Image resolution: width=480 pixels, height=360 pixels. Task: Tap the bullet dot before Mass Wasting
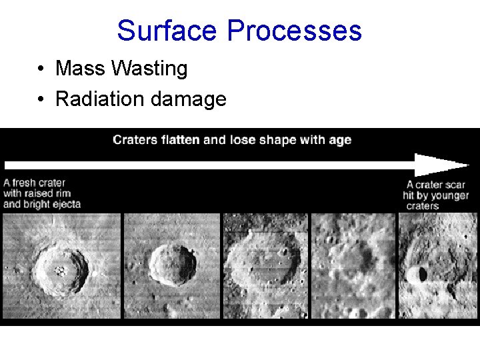[x=41, y=69]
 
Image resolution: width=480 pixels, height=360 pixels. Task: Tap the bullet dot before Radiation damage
[x=41, y=100]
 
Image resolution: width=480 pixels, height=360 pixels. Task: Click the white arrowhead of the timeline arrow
[x=440, y=165]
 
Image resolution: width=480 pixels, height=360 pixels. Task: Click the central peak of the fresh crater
[x=61, y=270]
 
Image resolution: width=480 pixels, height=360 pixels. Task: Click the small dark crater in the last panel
[x=421, y=274]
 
